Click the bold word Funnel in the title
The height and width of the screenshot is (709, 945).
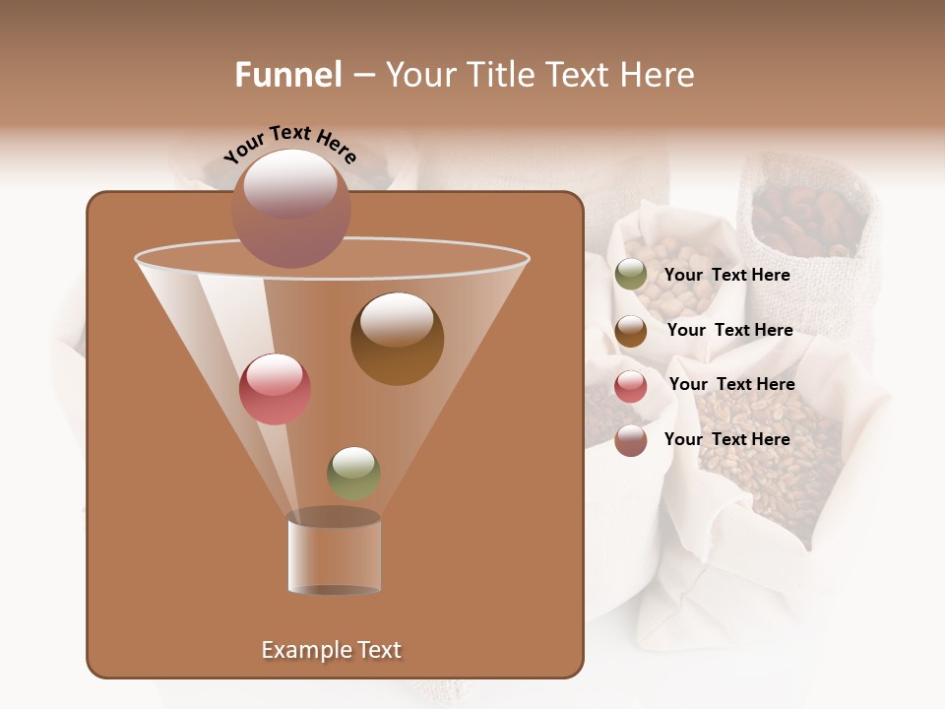(x=288, y=75)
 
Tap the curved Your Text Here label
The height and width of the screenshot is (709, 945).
(x=289, y=144)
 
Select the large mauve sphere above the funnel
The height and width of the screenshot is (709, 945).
(x=290, y=208)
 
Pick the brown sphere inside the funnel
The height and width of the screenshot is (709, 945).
(x=397, y=339)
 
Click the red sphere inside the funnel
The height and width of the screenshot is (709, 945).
(x=275, y=389)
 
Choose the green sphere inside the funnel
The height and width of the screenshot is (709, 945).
(x=353, y=473)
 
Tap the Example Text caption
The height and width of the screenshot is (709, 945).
(x=331, y=650)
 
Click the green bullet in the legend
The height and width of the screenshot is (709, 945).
(x=631, y=275)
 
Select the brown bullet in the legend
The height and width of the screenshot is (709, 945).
(x=631, y=331)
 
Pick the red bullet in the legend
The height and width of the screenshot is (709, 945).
(x=631, y=386)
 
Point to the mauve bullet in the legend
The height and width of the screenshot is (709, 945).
(x=631, y=440)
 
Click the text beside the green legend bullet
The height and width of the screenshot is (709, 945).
(x=726, y=276)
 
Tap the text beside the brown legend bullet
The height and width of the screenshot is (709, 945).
(x=729, y=330)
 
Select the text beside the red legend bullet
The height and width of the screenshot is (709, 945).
(x=731, y=384)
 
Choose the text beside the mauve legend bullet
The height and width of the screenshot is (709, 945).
(x=726, y=439)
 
